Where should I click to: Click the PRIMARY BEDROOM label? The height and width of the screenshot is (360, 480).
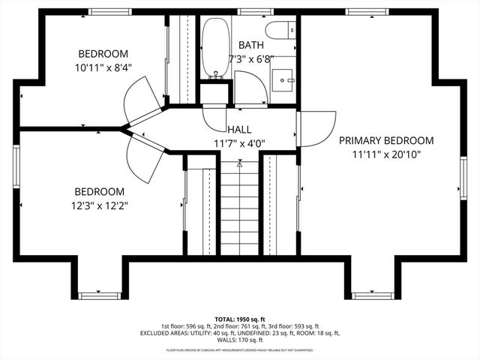tap(386, 140)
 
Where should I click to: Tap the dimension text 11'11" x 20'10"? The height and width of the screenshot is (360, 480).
tap(386, 155)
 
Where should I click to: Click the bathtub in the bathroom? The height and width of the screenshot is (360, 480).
tap(217, 48)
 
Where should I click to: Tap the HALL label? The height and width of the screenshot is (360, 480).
tap(240, 129)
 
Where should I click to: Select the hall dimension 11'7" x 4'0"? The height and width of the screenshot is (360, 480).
tap(240, 143)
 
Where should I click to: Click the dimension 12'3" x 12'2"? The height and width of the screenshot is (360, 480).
tap(99, 205)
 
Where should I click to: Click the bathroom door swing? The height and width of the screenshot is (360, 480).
tap(250, 88)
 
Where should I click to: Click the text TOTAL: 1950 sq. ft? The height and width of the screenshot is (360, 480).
tap(240, 319)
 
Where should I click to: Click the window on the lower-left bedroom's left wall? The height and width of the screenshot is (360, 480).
tap(16, 164)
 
